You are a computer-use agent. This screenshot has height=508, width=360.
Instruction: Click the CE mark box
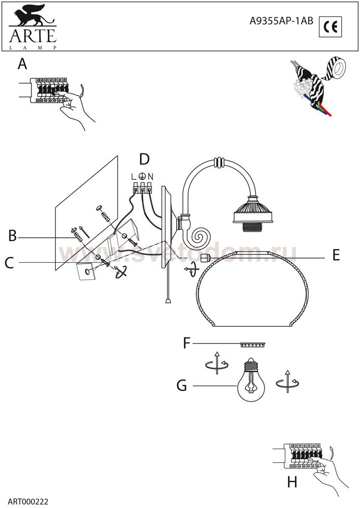coord(330,27)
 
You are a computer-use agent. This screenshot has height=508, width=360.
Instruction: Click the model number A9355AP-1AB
coord(281,21)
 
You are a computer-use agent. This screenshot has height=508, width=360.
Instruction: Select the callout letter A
coord(22,64)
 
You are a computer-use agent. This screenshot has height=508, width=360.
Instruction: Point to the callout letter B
coord(12,236)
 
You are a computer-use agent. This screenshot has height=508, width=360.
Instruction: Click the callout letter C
coord(9,263)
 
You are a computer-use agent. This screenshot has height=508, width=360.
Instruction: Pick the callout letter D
coord(144,159)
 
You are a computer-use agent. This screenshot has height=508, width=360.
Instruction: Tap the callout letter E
coord(336,256)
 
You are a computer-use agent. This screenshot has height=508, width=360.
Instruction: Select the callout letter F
coord(186,343)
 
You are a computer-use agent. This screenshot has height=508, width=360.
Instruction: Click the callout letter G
coord(182,386)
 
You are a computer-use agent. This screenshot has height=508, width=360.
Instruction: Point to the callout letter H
coord(292,483)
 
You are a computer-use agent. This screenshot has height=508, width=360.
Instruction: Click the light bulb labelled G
coord(251,379)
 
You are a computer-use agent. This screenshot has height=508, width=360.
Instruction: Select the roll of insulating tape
coord(336,68)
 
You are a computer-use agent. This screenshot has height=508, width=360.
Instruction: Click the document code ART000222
coord(28,501)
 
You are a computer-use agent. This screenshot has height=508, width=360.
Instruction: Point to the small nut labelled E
coord(205,258)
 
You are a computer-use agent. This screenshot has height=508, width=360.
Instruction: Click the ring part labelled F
coord(253,345)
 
